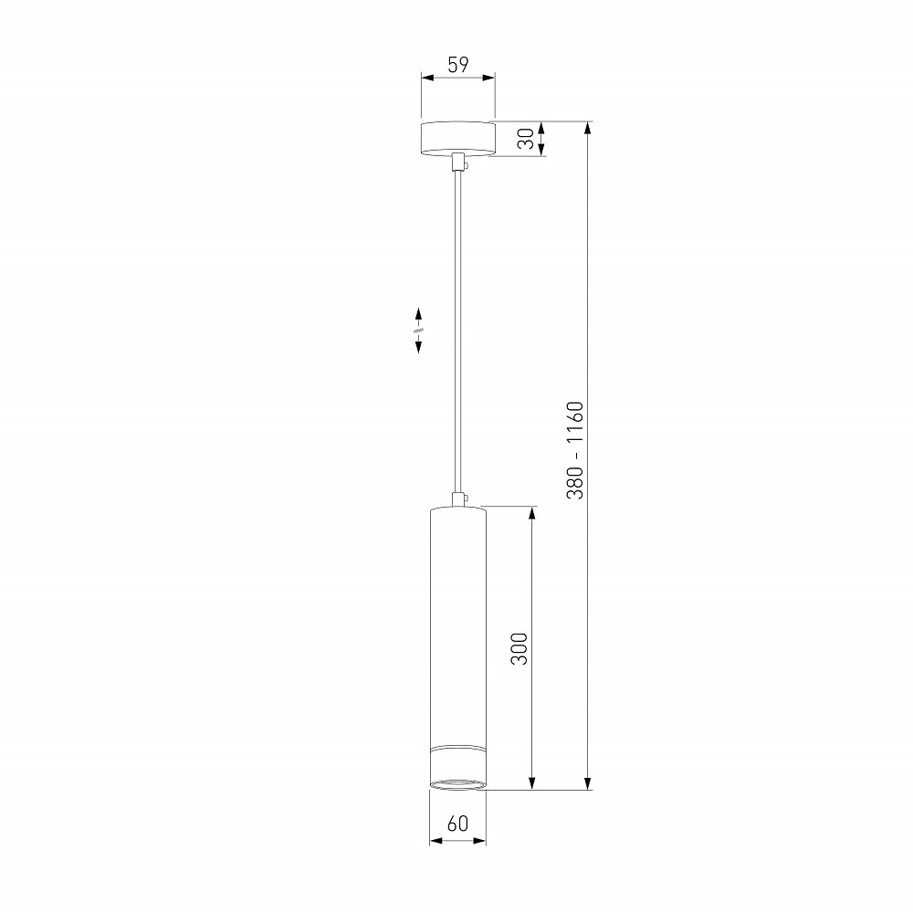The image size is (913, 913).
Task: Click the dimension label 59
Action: coord(458,65)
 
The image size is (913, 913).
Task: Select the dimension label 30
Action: coord(526,139)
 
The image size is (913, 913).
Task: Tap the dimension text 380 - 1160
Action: coord(574,450)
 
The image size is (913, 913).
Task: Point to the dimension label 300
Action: coord(519,648)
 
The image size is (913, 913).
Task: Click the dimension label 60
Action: coord(457,824)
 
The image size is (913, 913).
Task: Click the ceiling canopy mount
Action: coord(457,139)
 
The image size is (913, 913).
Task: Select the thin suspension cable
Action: coord(458,332)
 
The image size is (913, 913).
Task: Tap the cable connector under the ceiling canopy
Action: coord(459,163)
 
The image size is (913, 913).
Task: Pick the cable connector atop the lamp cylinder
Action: coord(459,499)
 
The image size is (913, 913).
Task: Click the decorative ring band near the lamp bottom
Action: coord(457,750)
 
